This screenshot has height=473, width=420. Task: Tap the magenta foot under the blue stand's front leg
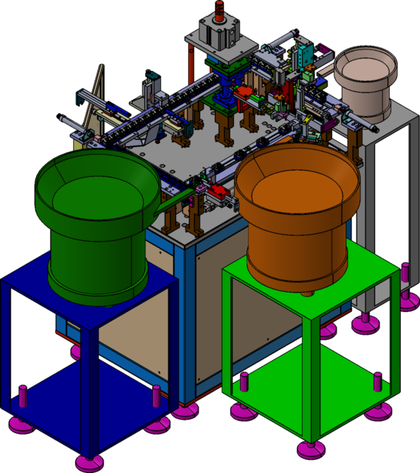click(89, 463)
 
